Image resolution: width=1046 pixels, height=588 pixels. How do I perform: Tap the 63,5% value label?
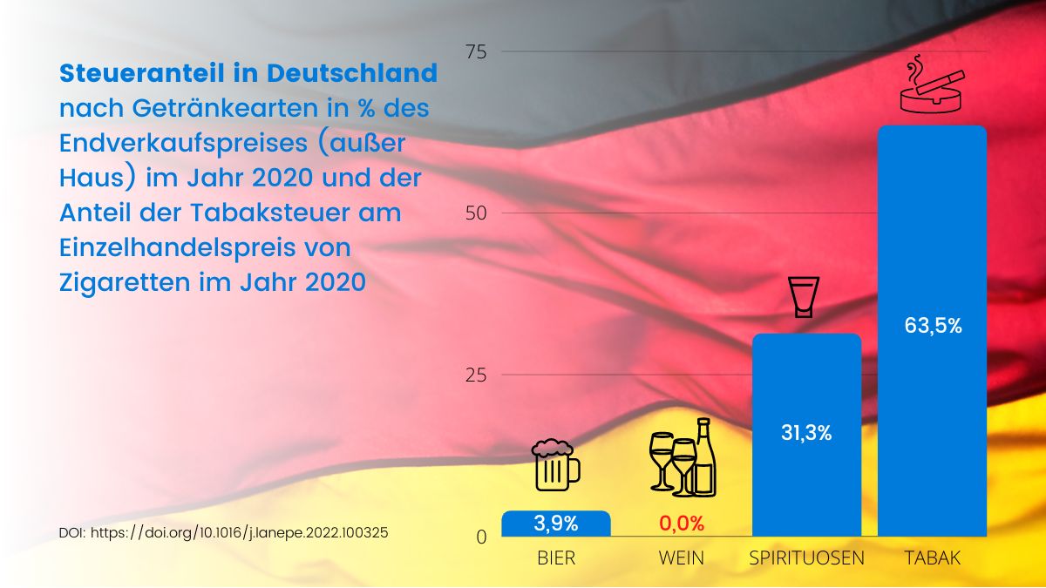933,327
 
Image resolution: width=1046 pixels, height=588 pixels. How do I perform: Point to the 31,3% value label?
806,433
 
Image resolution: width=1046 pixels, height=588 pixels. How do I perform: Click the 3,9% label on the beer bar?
556,524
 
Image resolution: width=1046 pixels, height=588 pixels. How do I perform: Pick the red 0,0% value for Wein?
681,524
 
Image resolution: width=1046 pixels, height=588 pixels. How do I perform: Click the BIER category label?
556,558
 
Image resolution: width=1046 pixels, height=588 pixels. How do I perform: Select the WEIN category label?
681,558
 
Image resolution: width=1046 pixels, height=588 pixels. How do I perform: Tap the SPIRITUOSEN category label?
806,558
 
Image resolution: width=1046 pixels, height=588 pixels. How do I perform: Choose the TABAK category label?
932,558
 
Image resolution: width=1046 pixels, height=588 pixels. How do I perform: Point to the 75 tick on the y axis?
476,51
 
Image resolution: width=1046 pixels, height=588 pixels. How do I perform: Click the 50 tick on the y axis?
476,213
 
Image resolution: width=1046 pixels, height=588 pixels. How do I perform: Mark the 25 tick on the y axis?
476,375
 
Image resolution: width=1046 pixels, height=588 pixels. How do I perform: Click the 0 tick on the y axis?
481,537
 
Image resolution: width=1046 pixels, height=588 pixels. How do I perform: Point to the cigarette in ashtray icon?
932,87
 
